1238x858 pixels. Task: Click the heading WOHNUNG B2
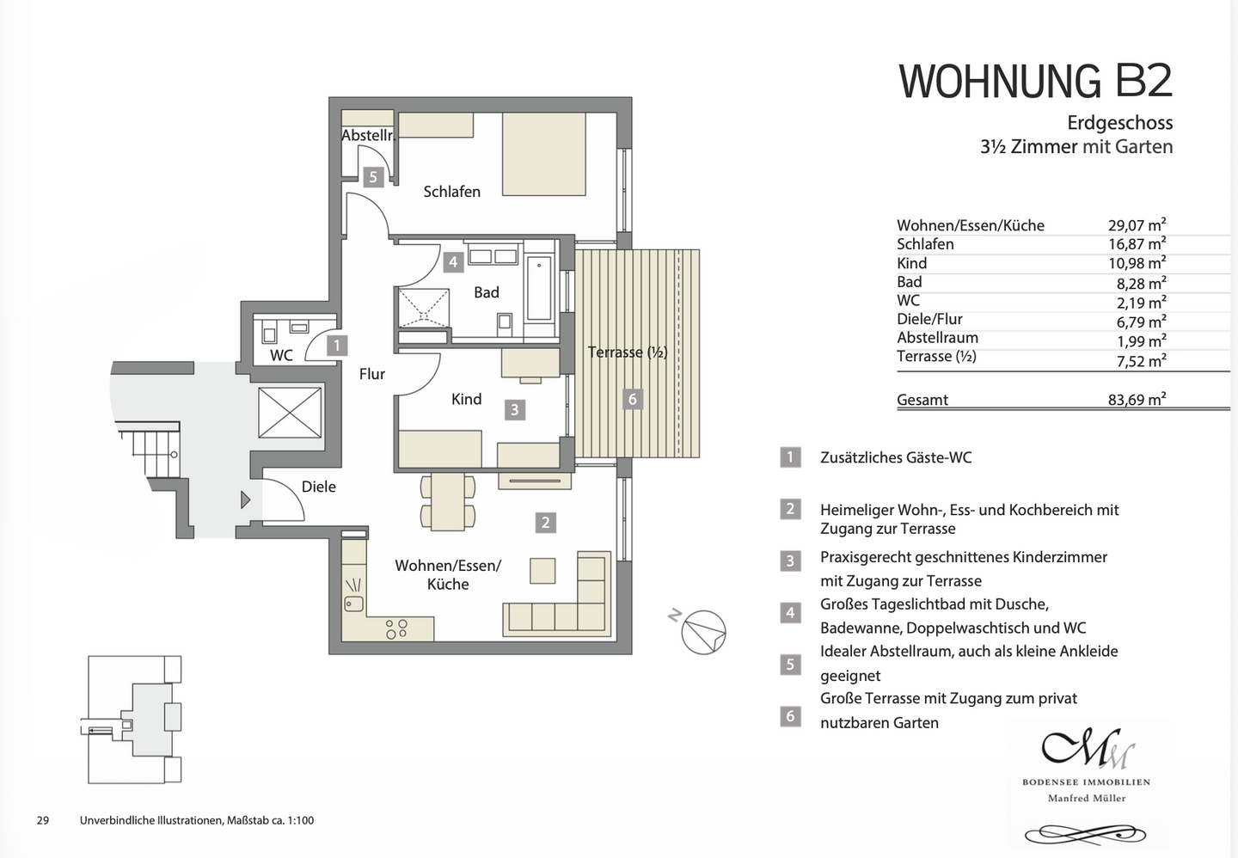[x=1035, y=82]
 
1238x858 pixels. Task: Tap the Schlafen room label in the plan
[x=451, y=192]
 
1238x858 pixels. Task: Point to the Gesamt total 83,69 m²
[x=1137, y=400]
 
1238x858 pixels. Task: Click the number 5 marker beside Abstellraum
[x=372, y=177]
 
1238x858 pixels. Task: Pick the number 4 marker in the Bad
[x=453, y=261]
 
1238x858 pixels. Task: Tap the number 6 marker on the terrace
[x=633, y=399]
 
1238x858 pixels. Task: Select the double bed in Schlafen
[x=543, y=154]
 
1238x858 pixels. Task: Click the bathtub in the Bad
[x=540, y=287]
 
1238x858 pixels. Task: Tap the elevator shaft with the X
[x=290, y=412]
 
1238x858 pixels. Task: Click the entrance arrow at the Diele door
[x=245, y=499]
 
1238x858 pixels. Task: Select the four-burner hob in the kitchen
[x=396, y=628]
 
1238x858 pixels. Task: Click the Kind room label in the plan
[x=466, y=399]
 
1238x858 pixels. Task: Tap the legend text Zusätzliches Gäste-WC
[x=896, y=457]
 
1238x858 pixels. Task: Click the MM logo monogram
[x=1087, y=749]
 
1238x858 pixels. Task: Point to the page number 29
[x=43, y=820]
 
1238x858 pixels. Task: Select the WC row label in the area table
[x=908, y=300]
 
